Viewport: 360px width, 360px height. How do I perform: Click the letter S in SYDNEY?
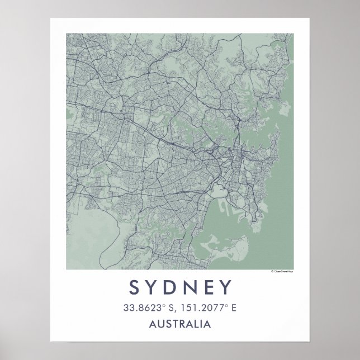pos(135,287)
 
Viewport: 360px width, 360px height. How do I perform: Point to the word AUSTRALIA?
pos(180,324)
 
